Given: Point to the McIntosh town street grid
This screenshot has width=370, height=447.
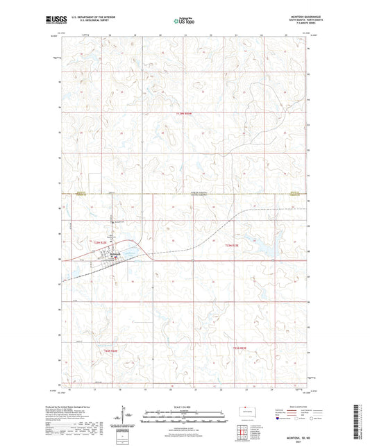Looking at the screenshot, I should coord(110,258).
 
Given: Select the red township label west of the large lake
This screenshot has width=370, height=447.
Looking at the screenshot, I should coord(232,245).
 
